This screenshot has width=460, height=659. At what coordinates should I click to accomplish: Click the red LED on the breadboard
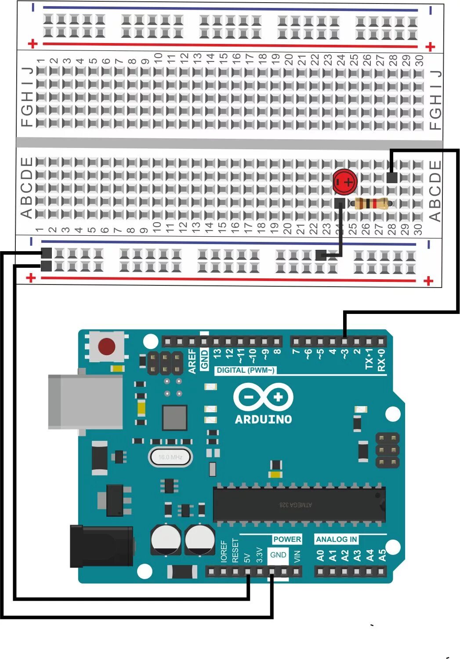point(344,181)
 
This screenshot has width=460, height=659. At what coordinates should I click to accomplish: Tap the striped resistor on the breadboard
point(371,203)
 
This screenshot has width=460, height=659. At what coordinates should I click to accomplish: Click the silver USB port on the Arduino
point(85,401)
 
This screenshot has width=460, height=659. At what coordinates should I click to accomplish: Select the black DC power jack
point(101,546)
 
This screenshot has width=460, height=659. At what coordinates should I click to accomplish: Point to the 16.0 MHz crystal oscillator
point(170,457)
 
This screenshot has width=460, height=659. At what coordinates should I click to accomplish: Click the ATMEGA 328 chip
point(299,505)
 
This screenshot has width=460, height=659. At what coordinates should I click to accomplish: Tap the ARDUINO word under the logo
point(263,419)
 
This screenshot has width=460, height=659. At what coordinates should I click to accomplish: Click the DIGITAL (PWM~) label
point(246,370)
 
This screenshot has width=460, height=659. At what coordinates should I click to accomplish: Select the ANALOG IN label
point(337,539)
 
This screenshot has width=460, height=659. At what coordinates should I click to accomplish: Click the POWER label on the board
point(287,539)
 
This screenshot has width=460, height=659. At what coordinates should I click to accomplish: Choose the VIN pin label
point(297,556)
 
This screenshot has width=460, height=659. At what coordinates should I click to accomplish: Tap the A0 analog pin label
point(320,556)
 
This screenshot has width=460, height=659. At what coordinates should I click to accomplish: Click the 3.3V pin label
point(259,555)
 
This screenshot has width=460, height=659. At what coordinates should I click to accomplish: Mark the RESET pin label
point(235,551)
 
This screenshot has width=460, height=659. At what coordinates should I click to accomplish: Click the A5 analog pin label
point(382,556)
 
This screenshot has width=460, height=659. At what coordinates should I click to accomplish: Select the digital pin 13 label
point(217,353)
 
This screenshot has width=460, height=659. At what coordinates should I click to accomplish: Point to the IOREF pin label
point(224,551)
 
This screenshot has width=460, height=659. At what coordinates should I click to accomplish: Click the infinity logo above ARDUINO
point(263,397)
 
